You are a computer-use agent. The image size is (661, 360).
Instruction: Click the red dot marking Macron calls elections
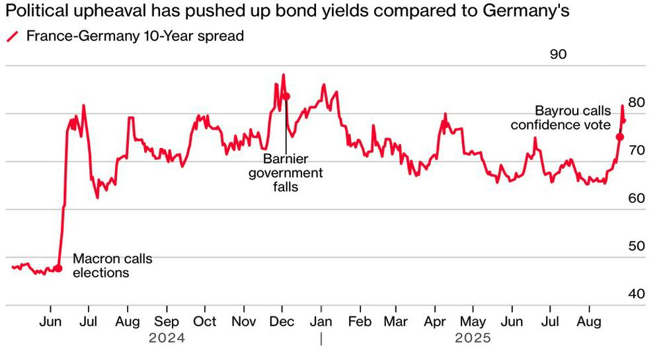tap(59, 268)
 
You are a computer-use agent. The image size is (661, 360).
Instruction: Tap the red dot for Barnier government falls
tap(286, 96)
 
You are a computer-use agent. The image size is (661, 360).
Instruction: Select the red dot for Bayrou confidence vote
tap(620, 137)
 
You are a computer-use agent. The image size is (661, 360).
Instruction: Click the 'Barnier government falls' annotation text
tap(286, 172)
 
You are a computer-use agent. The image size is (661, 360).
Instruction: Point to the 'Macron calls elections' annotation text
tap(112, 266)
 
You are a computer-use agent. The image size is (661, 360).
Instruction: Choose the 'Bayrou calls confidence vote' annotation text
tap(561, 118)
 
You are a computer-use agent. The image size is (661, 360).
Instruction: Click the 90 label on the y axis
tap(558, 54)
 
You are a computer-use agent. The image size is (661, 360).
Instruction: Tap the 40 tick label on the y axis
tap(637, 293)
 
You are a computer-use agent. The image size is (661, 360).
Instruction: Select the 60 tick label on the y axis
tap(637, 198)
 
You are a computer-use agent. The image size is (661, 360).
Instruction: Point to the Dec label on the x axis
tap(282, 322)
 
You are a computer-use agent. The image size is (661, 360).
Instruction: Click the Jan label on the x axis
tap(321, 322)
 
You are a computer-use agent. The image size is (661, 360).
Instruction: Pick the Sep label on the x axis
tap(167, 322)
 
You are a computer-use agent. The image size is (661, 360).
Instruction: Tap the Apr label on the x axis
tap(435, 322)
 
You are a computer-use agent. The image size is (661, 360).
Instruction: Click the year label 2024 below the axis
tap(167, 338)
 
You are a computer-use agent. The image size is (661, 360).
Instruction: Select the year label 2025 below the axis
tap(473, 338)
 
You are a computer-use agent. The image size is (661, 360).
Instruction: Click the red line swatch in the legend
tap(13, 36)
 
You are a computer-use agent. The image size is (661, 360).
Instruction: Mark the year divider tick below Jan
tap(321, 339)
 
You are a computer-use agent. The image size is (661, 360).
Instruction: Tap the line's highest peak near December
tap(284, 75)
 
